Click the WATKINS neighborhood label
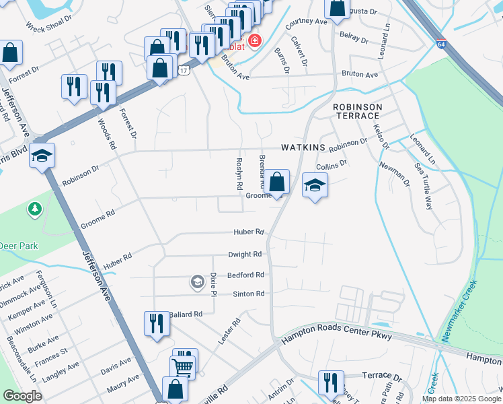[303, 147]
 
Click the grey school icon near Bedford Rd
[197, 281]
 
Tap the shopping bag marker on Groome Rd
[276, 182]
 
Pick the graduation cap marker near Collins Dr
[315, 185]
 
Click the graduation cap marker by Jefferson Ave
[42, 156]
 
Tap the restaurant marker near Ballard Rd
[154, 323]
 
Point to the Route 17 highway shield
[183, 69]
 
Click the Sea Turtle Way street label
[424, 186]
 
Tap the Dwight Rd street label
[244, 255]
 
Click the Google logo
[23, 396]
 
